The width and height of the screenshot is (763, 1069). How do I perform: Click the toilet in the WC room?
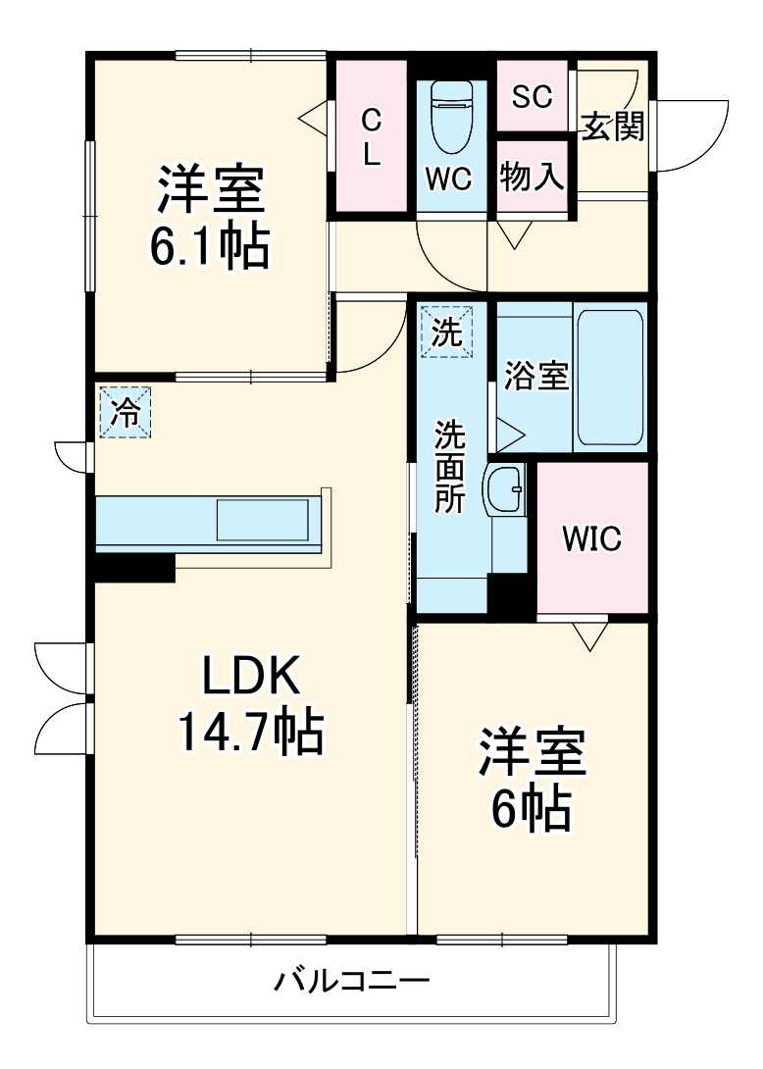coord(451,116)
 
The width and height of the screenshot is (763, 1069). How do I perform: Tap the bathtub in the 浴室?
coord(609,377)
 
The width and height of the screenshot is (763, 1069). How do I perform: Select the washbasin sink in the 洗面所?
coord(505,487)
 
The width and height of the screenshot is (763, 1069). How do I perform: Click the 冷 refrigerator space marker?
coord(125,412)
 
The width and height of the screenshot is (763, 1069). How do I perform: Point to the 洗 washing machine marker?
coord(446,331)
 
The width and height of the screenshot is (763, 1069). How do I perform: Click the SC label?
coord(533,96)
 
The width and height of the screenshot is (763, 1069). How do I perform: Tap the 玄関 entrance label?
coord(614,127)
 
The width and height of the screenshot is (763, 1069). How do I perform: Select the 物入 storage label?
coord(532,178)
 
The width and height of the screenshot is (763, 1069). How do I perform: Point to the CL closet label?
coord(371,137)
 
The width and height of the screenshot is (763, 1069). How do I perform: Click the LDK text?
coord(249,676)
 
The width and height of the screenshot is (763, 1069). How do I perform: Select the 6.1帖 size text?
coord(209,249)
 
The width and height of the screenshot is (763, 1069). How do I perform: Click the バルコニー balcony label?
coord(351,980)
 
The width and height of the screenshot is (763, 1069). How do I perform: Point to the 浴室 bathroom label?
coord(536,376)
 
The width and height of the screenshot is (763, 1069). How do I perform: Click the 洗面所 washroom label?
coord(450,466)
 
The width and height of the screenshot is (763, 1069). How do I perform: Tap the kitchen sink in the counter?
coord(262,519)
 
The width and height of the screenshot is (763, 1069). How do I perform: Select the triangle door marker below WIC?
coord(588,636)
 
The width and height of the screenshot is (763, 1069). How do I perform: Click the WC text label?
coord(449,178)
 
